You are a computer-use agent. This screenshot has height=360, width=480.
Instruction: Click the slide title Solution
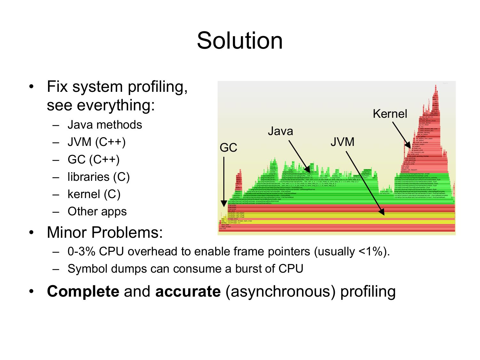tap(240, 41)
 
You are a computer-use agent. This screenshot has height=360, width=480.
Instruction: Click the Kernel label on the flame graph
tap(390, 114)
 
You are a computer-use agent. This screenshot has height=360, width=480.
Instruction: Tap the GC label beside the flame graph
tap(228, 148)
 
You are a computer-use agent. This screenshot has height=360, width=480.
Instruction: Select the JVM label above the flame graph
tap(342, 142)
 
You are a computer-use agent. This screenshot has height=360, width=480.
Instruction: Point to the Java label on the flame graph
tap(280, 131)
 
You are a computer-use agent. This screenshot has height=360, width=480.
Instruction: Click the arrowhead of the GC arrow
tap(224, 204)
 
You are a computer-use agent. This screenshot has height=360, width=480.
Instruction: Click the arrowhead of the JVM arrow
tap(382, 212)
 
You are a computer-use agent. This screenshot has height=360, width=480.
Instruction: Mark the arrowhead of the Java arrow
tap(308, 170)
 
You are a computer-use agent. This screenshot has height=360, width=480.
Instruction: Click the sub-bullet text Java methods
tap(105, 125)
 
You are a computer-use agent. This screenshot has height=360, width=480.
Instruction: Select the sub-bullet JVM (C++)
tap(96, 142)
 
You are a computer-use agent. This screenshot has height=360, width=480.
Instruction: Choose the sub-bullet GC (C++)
tap(93, 159)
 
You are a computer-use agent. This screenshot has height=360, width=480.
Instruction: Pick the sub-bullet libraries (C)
tap(99, 177)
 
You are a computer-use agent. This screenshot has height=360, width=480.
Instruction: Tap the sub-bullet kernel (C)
tap(94, 194)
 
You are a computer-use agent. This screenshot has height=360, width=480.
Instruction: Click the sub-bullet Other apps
tap(97, 212)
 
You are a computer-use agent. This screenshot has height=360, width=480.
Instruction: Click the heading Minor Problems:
tap(105, 232)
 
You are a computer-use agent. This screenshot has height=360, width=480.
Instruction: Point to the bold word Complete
tap(83, 292)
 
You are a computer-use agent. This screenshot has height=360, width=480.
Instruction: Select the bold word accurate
tap(188, 292)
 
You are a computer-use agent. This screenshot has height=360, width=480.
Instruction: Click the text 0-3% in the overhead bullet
tap(81, 252)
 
